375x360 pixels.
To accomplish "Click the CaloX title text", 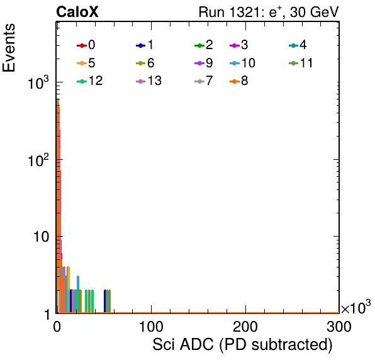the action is (77, 12).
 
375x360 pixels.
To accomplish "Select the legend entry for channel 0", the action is (86, 45).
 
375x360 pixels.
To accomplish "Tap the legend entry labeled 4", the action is (298, 45).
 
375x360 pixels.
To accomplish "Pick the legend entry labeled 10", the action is (242, 63).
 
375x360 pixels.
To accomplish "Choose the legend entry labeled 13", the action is (148, 81).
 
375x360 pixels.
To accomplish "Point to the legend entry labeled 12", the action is (90, 81).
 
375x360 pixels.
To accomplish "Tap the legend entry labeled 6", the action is (145, 63).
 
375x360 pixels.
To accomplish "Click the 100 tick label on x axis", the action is (151, 327).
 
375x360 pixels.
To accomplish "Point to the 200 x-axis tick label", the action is (245, 327).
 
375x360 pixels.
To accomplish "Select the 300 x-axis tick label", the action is (339, 327).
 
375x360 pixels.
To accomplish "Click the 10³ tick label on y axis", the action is (38, 82).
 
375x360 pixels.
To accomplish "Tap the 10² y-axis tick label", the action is (38, 160).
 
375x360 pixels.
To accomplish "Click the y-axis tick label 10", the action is (41, 237).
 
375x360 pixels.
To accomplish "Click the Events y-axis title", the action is (9, 48).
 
